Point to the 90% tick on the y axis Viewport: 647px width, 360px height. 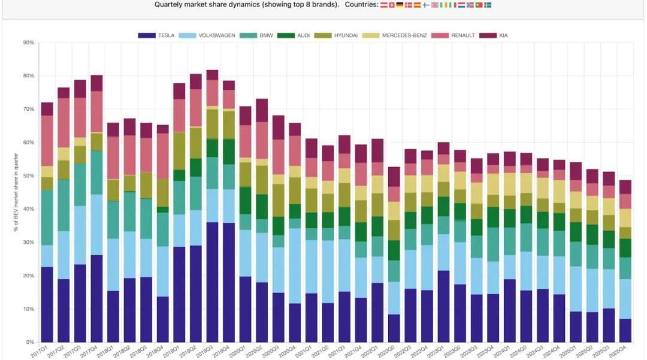[x=28, y=43]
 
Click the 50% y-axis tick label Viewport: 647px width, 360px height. [x=28, y=176]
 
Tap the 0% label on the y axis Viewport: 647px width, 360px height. [x=30, y=343]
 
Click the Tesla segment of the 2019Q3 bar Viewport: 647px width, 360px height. [x=212, y=282]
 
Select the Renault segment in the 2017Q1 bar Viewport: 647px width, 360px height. [x=47, y=141]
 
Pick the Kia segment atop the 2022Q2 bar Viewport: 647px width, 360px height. [x=394, y=177]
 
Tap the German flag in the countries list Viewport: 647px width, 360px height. [x=400, y=5]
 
